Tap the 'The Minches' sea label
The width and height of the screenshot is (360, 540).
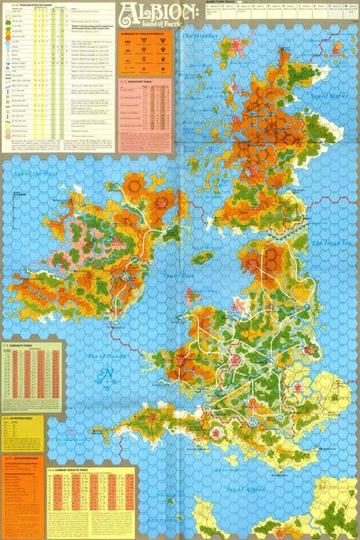coord(201,37)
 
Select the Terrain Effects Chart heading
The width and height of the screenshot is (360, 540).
coord(36,4)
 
